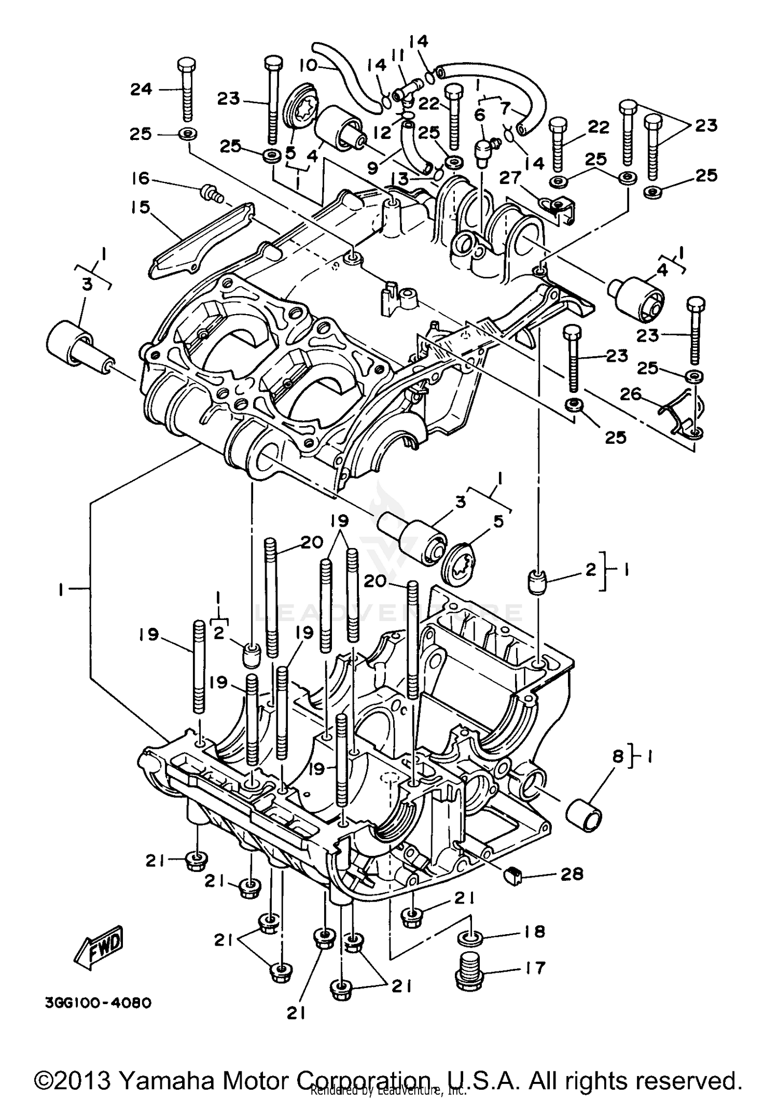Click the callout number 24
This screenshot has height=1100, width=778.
coord(141,89)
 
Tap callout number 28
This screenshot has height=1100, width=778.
coord(571,875)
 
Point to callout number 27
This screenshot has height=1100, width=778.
coord(509,178)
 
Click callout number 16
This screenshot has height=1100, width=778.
coord(141,179)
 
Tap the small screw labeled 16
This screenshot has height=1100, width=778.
coord(211,192)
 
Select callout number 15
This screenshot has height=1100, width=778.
coord(140,207)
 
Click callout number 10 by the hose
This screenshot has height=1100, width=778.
coord(308,65)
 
